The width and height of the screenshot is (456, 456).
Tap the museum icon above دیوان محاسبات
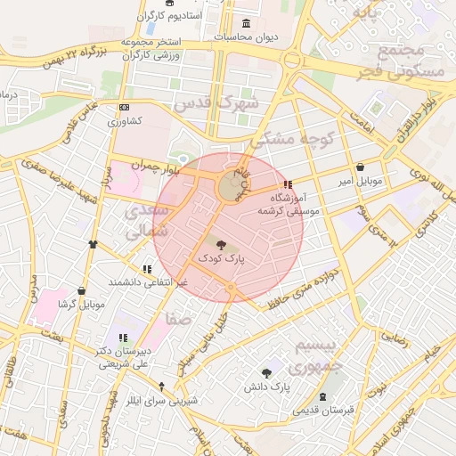coord(246,23)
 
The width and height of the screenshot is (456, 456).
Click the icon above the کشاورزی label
coord(124,108)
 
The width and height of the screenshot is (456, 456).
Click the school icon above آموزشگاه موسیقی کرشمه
coord(286,184)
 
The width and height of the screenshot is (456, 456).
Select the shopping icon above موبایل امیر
coord(360,167)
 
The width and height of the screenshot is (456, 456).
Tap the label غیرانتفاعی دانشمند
coord(148,281)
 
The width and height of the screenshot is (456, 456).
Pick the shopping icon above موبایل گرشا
coord(82,290)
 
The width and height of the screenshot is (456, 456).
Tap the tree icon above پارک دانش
coord(266,372)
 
